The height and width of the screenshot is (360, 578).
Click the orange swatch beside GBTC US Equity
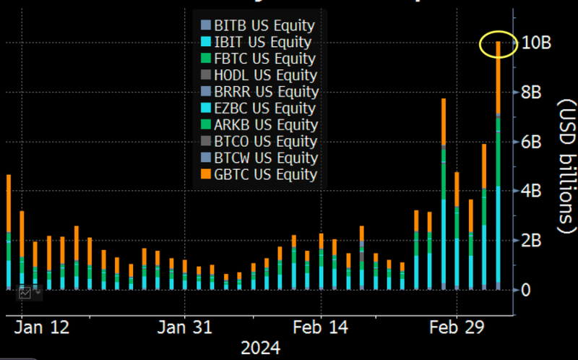pos(207,174)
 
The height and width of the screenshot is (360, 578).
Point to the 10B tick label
pos(535,43)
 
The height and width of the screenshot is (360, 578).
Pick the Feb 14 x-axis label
pos(321,327)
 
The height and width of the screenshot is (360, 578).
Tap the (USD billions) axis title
pos(564,166)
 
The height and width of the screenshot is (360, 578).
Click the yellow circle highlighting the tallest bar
pos(499,43)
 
